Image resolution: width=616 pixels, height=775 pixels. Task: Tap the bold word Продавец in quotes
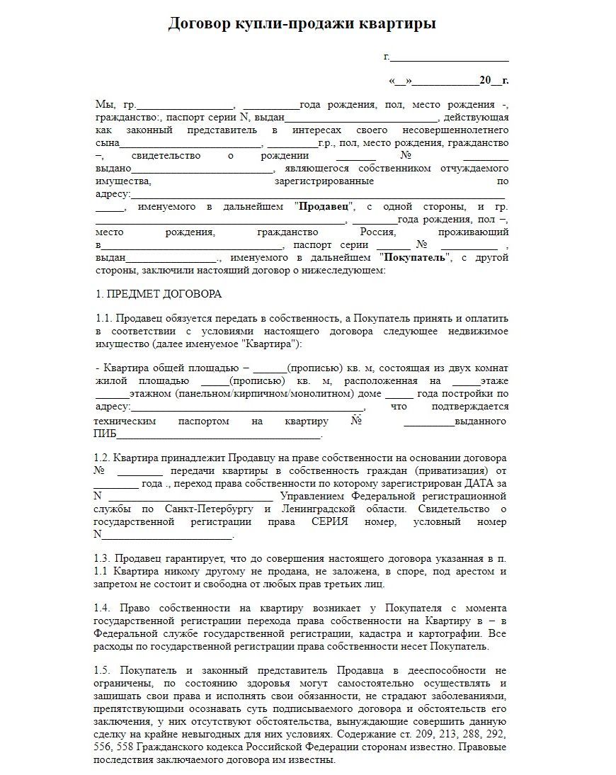323,207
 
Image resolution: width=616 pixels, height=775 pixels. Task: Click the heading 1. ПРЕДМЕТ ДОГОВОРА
158,293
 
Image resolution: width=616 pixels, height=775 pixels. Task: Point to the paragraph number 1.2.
103,458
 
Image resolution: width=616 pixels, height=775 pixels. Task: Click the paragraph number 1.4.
103,608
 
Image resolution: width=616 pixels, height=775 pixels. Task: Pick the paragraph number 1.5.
103,669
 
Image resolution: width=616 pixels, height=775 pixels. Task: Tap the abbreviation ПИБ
105,434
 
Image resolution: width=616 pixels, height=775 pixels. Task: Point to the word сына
107,143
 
